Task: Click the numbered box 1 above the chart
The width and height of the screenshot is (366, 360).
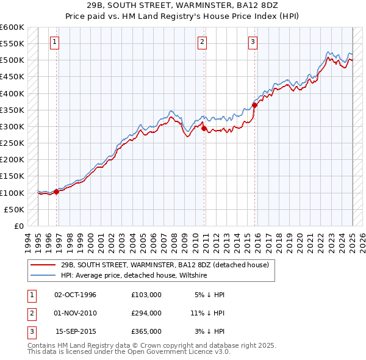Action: pyautogui.click(x=55, y=42)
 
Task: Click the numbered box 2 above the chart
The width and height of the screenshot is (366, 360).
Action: pyautogui.click(x=202, y=42)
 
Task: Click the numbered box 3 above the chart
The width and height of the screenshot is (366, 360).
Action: pyautogui.click(x=253, y=42)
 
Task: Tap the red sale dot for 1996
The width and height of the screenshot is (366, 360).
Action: pyautogui.click(x=57, y=192)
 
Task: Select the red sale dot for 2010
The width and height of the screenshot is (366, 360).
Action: pyautogui.click(x=204, y=128)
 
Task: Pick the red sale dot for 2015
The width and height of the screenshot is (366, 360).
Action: pyautogui.click(x=254, y=105)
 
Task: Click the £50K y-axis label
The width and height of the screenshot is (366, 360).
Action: pyautogui.click(x=15, y=209)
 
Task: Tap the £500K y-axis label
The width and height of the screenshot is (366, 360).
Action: pyautogui.click(x=12, y=60)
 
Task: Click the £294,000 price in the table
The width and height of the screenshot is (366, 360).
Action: pyautogui.click(x=146, y=313)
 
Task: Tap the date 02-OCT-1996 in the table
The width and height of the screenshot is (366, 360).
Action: pyautogui.click(x=76, y=295)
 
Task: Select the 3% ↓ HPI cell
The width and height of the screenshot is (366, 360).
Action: pyautogui.click(x=210, y=331)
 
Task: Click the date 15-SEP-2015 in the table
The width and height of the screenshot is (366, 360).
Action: pyautogui.click(x=76, y=331)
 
